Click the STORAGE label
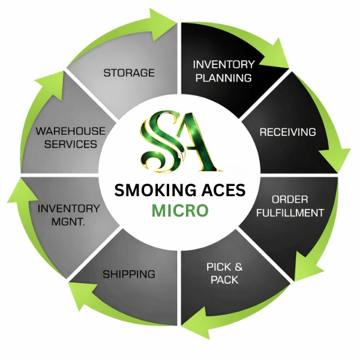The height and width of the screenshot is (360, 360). [x=129, y=73]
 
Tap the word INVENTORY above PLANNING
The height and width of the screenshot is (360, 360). [x=224, y=65]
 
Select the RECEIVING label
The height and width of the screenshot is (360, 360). [x=288, y=132]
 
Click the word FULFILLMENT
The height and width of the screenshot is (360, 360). [x=290, y=213]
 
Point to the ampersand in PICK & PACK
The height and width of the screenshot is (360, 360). [x=239, y=267]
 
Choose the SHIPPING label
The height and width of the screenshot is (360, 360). [x=129, y=274]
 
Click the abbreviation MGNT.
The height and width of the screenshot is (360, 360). [x=68, y=222]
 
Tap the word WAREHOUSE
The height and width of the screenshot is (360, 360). [x=70, y=131]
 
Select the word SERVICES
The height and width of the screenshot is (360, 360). [x=70, y=144]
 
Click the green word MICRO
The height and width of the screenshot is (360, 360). [x=180, y=211]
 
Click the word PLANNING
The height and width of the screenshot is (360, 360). [x=224, y=78]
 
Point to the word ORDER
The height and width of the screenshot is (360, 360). [x=290, y=200]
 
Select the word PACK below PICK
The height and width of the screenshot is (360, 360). [x=224, y=280]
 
